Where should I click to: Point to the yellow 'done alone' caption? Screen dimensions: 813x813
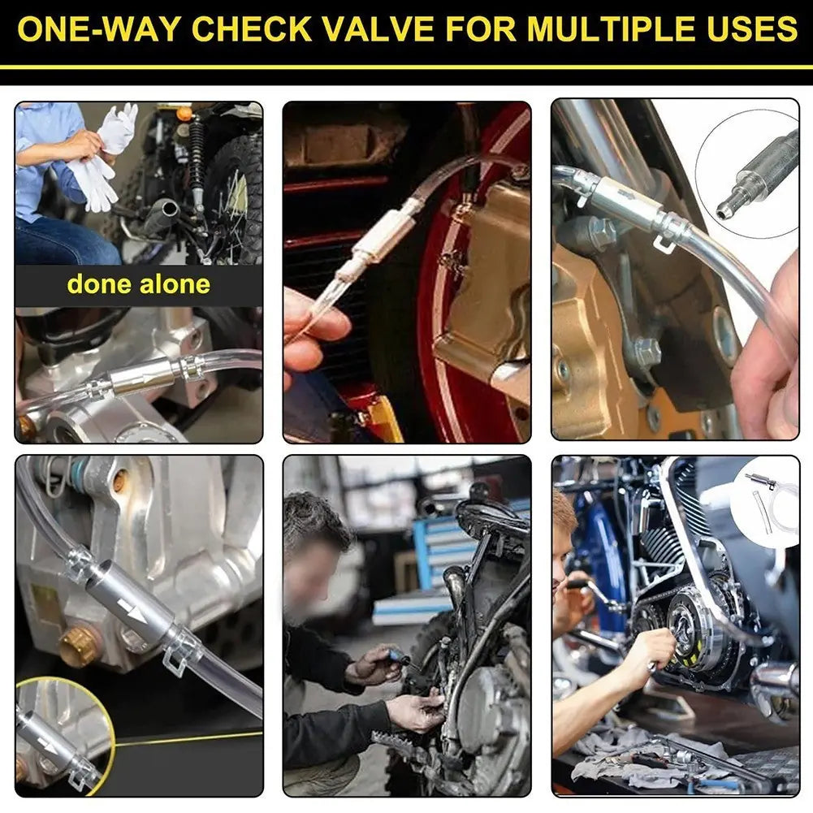138,284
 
